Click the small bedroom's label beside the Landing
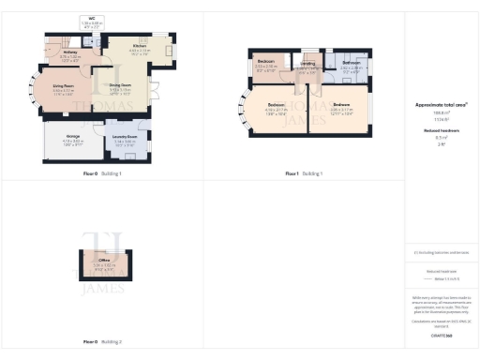coord(267,65)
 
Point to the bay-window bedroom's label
coord(276,107)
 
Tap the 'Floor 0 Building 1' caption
coord(102,173)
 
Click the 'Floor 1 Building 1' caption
coord(304,173)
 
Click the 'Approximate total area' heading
coord(441,106)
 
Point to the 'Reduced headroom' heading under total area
coord(441,130)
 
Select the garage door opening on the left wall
coord(41,146)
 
